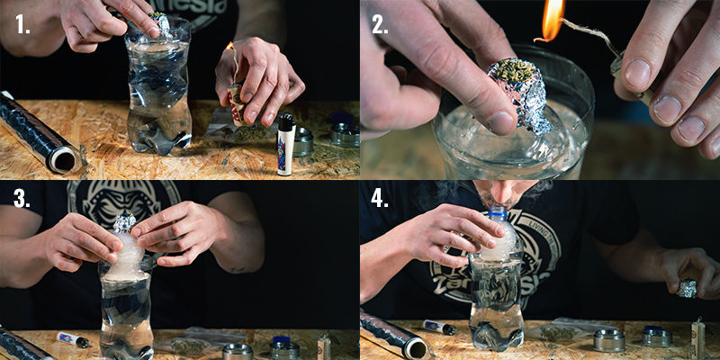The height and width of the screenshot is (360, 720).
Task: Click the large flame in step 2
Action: (x=551, y=19)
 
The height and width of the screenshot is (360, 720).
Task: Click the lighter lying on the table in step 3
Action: (x=73, y=340)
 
